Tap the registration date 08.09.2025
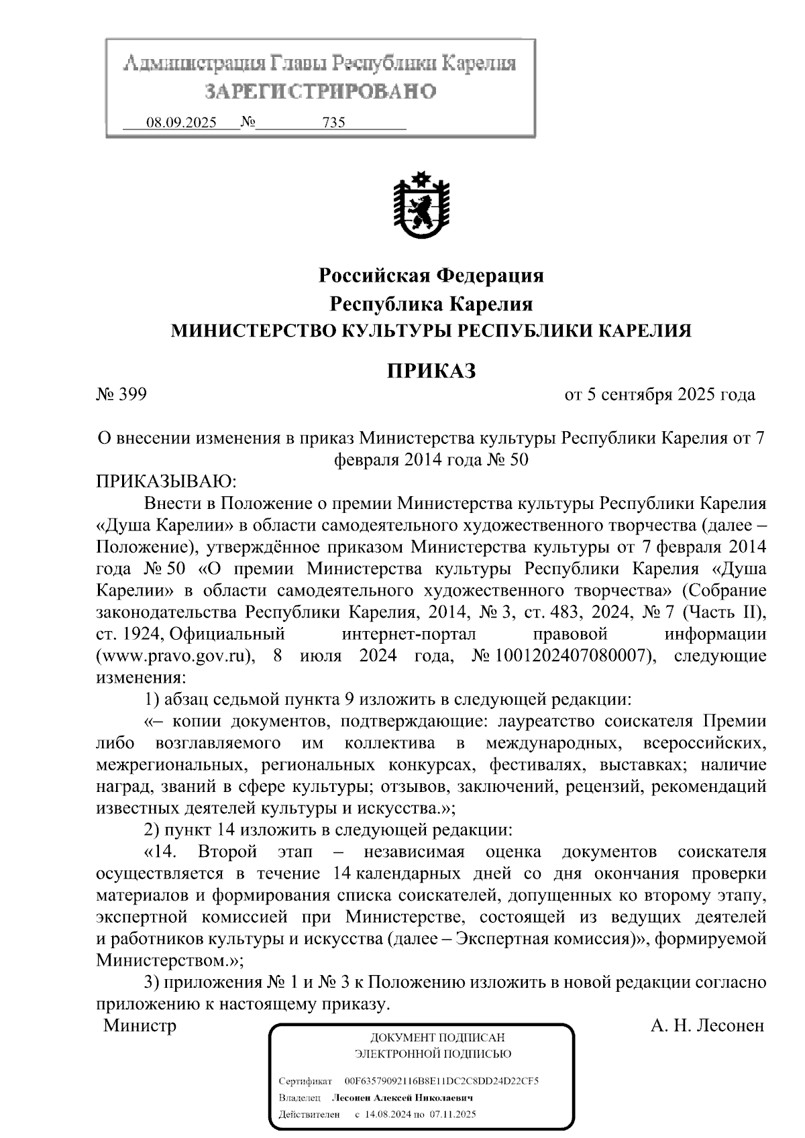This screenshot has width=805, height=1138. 181,123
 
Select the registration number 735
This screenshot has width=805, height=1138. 333,123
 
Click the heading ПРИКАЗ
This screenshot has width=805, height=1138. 431,370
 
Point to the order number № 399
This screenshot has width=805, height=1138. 121,394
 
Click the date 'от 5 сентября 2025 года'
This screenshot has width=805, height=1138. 660,394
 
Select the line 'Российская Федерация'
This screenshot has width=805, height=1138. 431,275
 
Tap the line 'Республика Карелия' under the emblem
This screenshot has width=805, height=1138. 431,304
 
